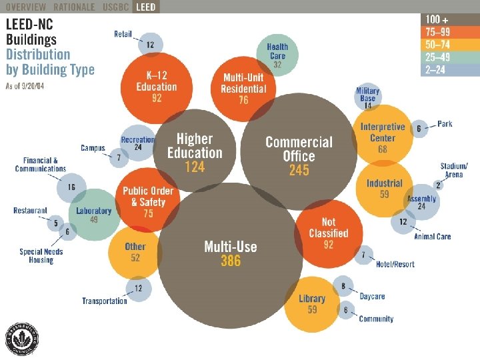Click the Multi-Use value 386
click(231, 261)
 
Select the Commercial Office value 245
click(299, 171)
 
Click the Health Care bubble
click(277, 53)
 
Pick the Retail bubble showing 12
click(151, 45)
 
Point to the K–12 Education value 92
click(157, 98)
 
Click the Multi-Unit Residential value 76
click(243, 100)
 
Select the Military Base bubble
click(368, 97)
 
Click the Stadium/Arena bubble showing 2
click(438, 185)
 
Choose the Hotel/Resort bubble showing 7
click(363, 255)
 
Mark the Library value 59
click(312, 310)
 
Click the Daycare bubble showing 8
click(343, 287)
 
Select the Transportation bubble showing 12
click(138, 289)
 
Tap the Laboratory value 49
click(94, 220)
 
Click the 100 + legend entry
click(450, 20)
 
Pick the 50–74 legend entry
click(450, 45)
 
